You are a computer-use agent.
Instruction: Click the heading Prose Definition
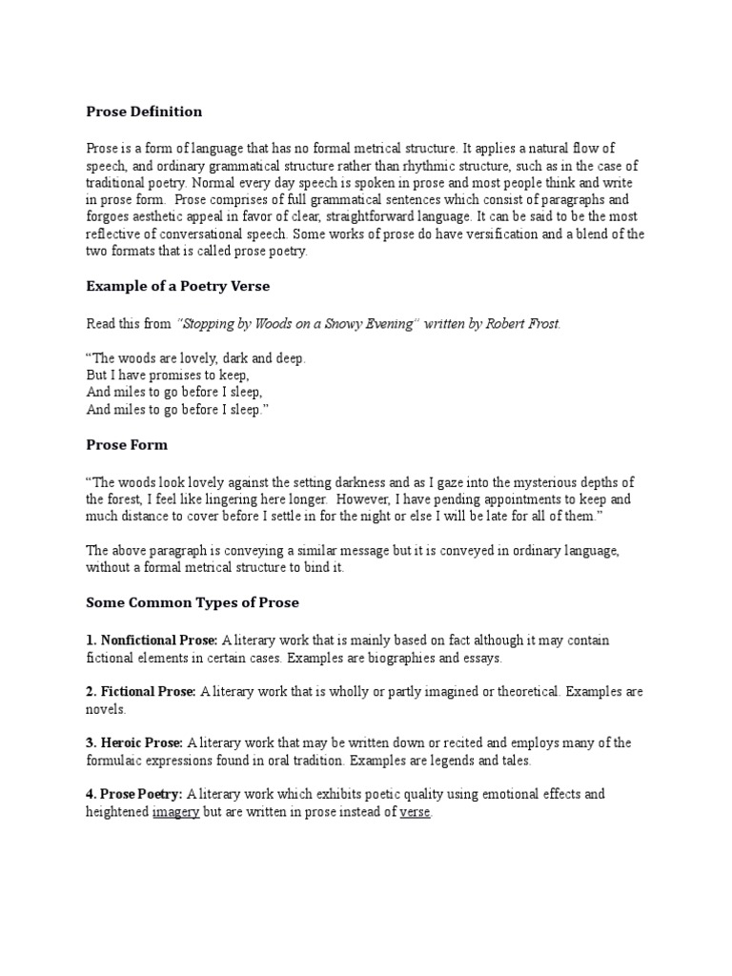pyautogui.click(x=144, y=112)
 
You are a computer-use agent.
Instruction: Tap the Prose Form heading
pyautogui.click(x=127, y=443)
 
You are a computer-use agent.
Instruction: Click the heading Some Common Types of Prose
pyautogui.click(x=193, y=601)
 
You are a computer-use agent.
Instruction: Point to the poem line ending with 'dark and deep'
pyautogui.click(x=196, y=359)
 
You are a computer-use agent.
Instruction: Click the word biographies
pyautogui.click(x=413, y=658)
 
